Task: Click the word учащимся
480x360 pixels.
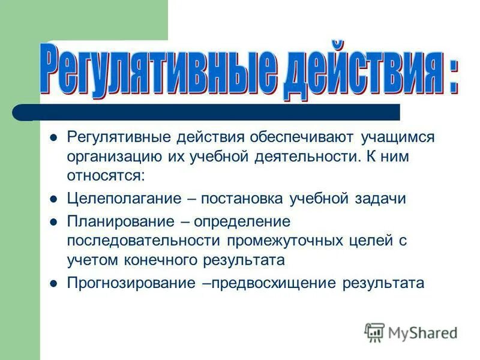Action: pos(397,137)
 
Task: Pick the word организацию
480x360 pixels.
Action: pos(113,157)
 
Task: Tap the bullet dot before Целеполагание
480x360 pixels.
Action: pos(53,199)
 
